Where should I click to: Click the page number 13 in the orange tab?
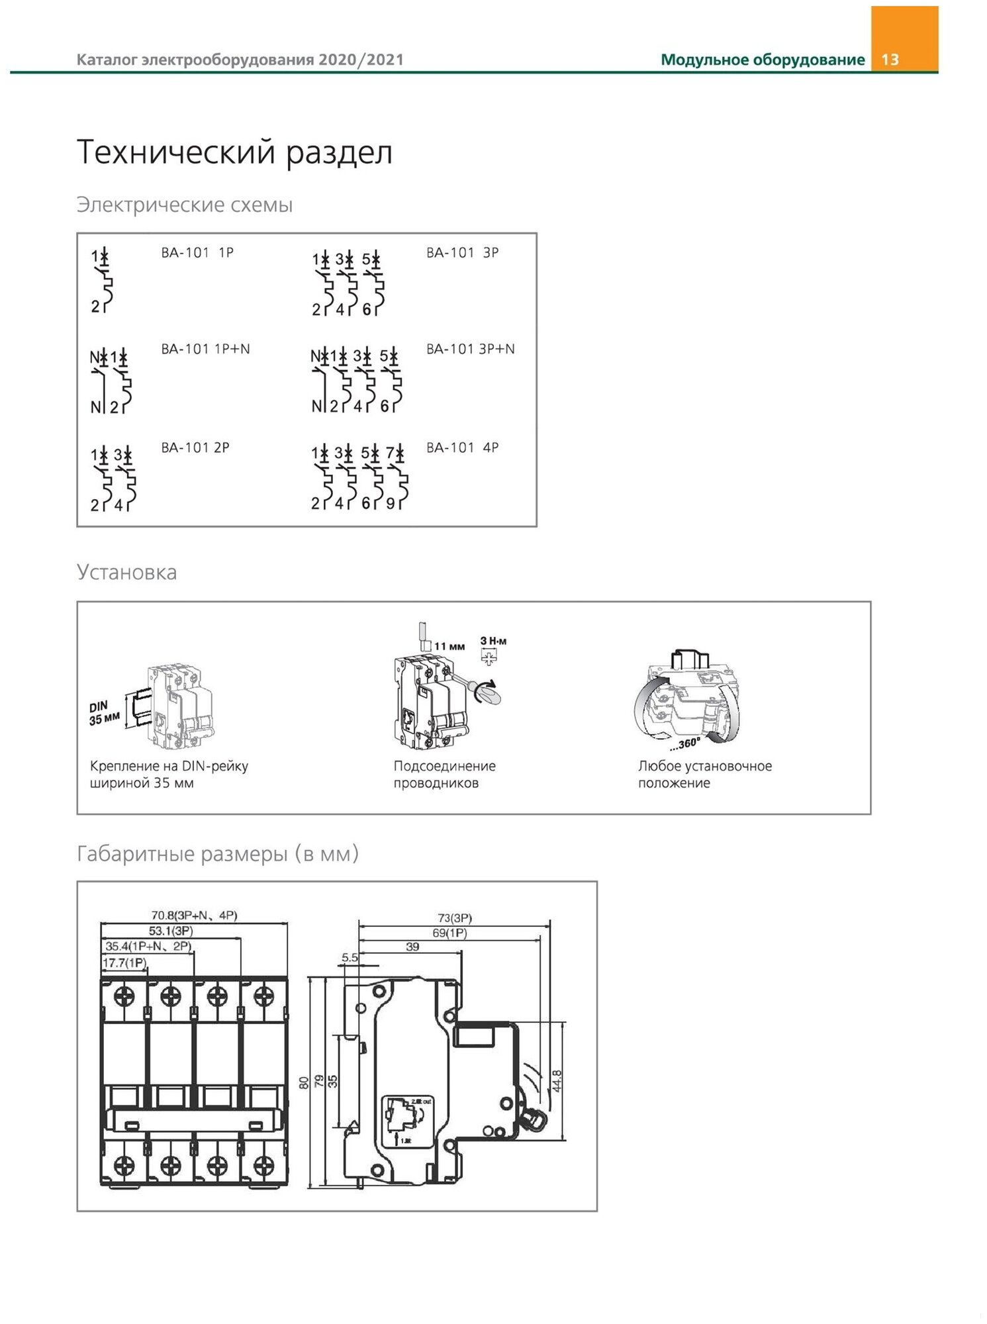coord(890,60)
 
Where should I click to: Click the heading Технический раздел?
coord(234,152)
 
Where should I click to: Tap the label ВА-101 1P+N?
coord(205,349)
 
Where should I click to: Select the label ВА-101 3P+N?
coord(470,349)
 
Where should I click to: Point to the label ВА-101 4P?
coord(462,448)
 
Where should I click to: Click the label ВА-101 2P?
coord(195,448)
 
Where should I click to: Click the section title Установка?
coord(126,572)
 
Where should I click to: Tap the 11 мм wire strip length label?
coord(449,646)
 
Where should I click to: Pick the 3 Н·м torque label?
coord(493,641)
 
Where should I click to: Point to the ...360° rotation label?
coord(684,744)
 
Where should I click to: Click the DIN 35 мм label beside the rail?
coord(103,712)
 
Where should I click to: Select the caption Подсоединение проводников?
coord(444,775)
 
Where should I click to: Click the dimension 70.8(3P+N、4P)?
coord(194,916)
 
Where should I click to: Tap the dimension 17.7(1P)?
coord(124,963)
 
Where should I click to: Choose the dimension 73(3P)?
coord(455,918)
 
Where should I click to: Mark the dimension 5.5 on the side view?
coord(350,957)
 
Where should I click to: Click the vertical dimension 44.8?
coord(557,1081)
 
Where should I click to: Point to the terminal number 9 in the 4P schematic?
coord(391,504)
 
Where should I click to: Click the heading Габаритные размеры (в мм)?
coord(218,854)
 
